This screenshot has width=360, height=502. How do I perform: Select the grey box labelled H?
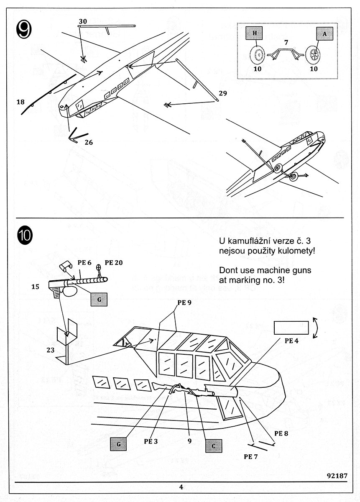tap(253, 33)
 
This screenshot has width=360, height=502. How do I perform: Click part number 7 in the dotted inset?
tap(286, 43)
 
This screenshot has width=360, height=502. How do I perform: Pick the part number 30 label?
tap(82, 21)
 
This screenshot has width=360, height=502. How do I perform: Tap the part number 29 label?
tap(222, 93)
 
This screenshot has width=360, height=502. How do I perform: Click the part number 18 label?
tap(21, 102)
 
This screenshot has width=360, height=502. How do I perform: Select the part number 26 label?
tap(88, 142)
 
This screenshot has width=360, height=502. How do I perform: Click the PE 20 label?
tap(114, 263)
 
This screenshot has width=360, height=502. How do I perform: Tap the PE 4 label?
tap(291, 341)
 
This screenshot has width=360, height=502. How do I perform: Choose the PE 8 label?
tap(281, 433)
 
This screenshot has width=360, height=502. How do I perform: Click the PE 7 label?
tap(251, 456)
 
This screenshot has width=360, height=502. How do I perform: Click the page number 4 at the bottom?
tap(181, 487)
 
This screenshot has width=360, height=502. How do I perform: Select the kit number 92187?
tap(336, 476)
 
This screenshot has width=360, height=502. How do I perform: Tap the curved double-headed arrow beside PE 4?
tap(316, 327)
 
